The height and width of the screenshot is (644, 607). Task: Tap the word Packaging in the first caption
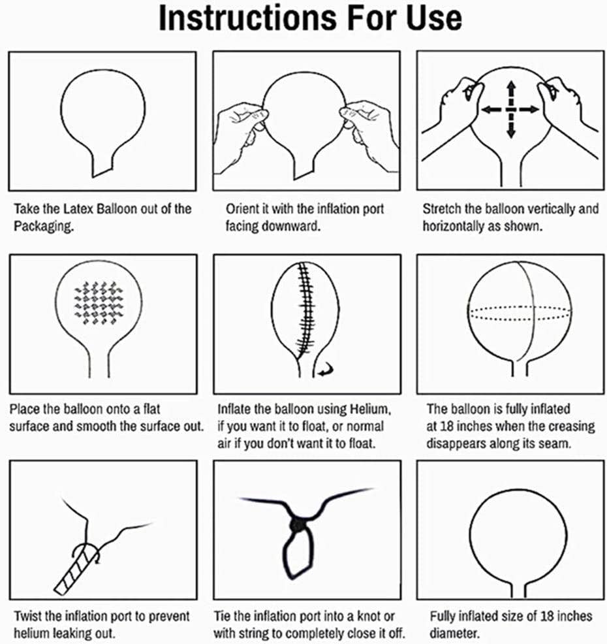44,226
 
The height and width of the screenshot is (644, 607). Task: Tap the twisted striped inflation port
77,570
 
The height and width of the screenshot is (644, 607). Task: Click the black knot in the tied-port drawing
298,525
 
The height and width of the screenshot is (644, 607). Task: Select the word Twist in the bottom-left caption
28,616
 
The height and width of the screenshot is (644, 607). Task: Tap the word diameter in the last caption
454,634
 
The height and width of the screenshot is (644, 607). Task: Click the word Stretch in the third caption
442,208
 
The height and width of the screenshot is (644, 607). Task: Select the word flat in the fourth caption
152,409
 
